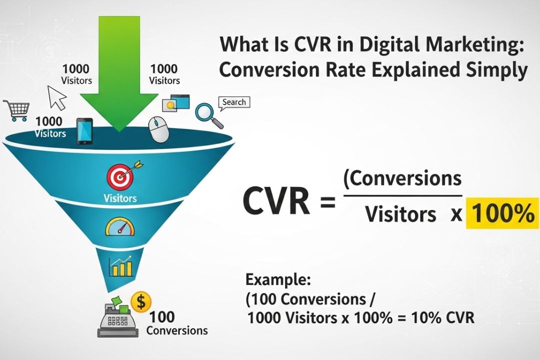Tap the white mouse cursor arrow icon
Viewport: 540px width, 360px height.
(x=56, y=97)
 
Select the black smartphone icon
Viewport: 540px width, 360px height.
(x=84, y=131)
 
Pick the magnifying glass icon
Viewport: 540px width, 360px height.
(x=206, y=114)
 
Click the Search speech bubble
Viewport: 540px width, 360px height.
(x=233, y=102)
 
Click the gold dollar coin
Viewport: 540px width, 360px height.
(x=140, y=301)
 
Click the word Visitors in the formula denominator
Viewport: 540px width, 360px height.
(x=400, y=214)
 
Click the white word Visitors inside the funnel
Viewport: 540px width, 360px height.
(x=120, y=197)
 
